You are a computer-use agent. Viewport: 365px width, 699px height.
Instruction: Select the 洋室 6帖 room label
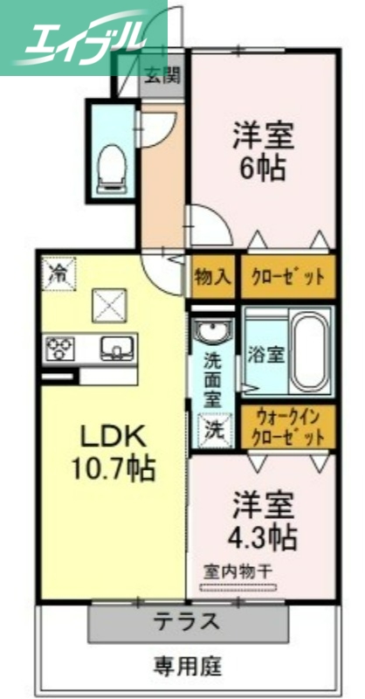(x=263, y=152)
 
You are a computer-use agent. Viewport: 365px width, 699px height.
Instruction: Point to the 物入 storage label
(x=213, y=278)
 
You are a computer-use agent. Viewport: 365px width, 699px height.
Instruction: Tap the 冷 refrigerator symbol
(x=59, y=273)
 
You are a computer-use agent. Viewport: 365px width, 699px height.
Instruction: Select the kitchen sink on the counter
(x=115, y=349)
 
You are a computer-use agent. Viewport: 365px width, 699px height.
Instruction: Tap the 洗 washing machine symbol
(x=214, y=430)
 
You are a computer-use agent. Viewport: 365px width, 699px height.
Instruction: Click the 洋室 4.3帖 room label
(x=262, y=520)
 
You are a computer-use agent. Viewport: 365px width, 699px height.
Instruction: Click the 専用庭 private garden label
(x=187, y=667)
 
